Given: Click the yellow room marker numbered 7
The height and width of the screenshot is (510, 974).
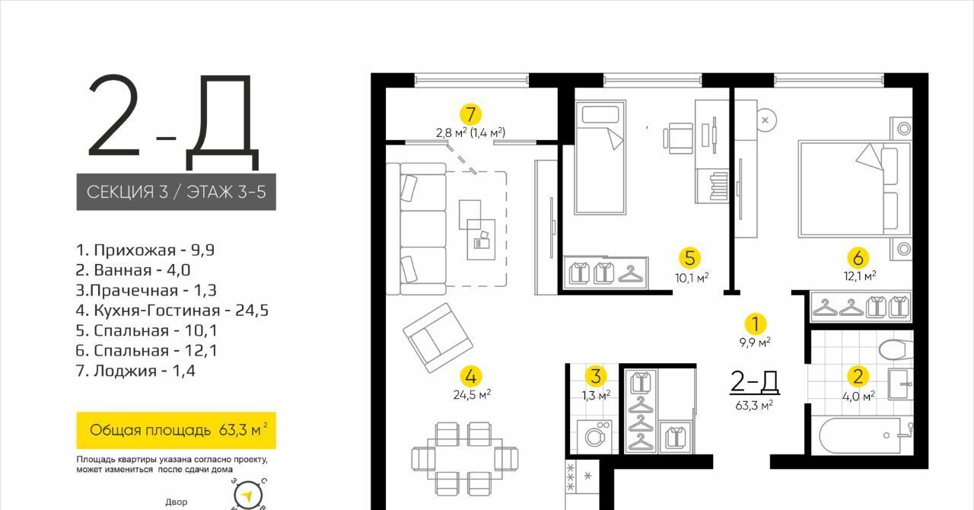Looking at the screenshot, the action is pyautogui.click(x=470, y=114).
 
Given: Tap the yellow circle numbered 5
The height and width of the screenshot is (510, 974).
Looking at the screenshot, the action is pyautogui.click(x=689, y=257).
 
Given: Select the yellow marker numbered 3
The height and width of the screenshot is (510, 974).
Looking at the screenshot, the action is pyautogui.click(x=596, y=376).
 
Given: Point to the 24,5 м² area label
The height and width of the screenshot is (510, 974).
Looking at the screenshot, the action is pyautogui.click(x=473, y=395).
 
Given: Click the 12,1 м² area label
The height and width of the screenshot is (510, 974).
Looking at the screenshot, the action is pyautogui.click(x=860, y=276).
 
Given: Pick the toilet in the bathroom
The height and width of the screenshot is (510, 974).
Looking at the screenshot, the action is pyautogui.click(x=896, y=349).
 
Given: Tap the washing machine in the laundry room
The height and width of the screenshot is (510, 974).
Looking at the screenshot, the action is pyautogui.click(x=594, y=436).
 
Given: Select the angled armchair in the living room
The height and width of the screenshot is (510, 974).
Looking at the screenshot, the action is pyautogui.click(x=438, y=338).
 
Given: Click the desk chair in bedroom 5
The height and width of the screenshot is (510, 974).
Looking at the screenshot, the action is pyautogui.click(x=678, y=138).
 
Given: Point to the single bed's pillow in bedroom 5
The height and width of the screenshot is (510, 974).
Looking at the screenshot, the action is pyautogui.click(x=600, y=116).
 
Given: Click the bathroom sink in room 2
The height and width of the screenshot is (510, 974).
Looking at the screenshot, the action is pyautogui.click(x=900, y=384).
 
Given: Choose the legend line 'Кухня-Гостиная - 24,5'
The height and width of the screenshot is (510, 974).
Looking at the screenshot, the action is pyautogui.click(x=172, y=311).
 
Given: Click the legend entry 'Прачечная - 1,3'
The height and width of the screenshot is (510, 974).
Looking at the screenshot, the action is pyautogui.click(x=146, y=290).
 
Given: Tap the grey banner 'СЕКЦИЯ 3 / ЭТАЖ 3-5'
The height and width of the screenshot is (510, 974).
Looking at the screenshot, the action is pyautogui.click(x=176, y=192).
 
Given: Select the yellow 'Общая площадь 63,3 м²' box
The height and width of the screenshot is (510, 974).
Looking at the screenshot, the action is pyautogui.click(x=176, y=430).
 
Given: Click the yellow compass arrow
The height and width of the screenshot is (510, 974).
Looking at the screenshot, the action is pyautogui.click(x=247, y=496).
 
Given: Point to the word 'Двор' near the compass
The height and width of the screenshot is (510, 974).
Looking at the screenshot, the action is pyautogui.click(x=176, y=502).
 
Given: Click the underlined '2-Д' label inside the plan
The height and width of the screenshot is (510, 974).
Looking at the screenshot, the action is pyautogui.click(x=754, y=382).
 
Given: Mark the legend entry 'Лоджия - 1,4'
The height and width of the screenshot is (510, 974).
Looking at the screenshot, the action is pyautogui.click(x=135, y=371).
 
